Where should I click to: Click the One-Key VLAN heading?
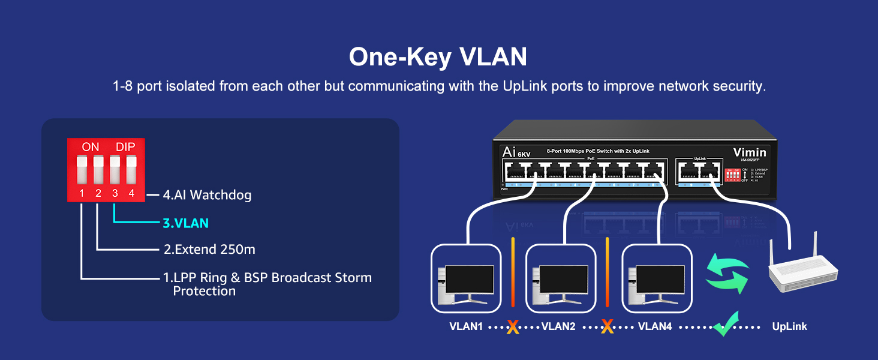tap(438, 57)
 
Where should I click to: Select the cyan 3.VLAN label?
tap(186, 223)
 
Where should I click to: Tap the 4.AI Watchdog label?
tap(207, 195)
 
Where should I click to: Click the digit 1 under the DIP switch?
tap(82, 193)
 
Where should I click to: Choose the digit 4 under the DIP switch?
tap(131, 193)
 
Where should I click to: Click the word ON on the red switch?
tap(91, 147)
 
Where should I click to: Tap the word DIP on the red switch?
tap(125, 147)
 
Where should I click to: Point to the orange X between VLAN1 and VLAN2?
tap(512, 327)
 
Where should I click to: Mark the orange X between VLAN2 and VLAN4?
tap(607, 327)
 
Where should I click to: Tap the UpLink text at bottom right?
tap(789, 327)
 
